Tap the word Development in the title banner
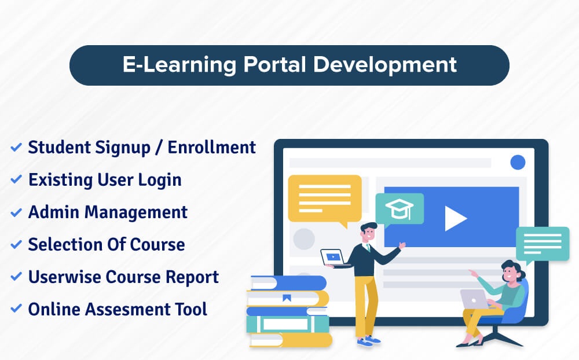(x=385, y=65)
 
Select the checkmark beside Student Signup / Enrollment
(x=16, y=148)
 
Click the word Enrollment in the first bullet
(x=212, y=148)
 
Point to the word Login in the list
(x=161, y=180)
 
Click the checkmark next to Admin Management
(x=16, y=213)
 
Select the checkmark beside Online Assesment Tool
(x=16, y=310)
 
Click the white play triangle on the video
(x=455, y=218)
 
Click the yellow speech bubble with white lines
(x=325, y=199)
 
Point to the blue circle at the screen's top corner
(x=517, y=162)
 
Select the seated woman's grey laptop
(x=473, y=299)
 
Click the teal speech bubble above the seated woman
(x=543, y=242)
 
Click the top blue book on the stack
(x=288, y=282)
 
